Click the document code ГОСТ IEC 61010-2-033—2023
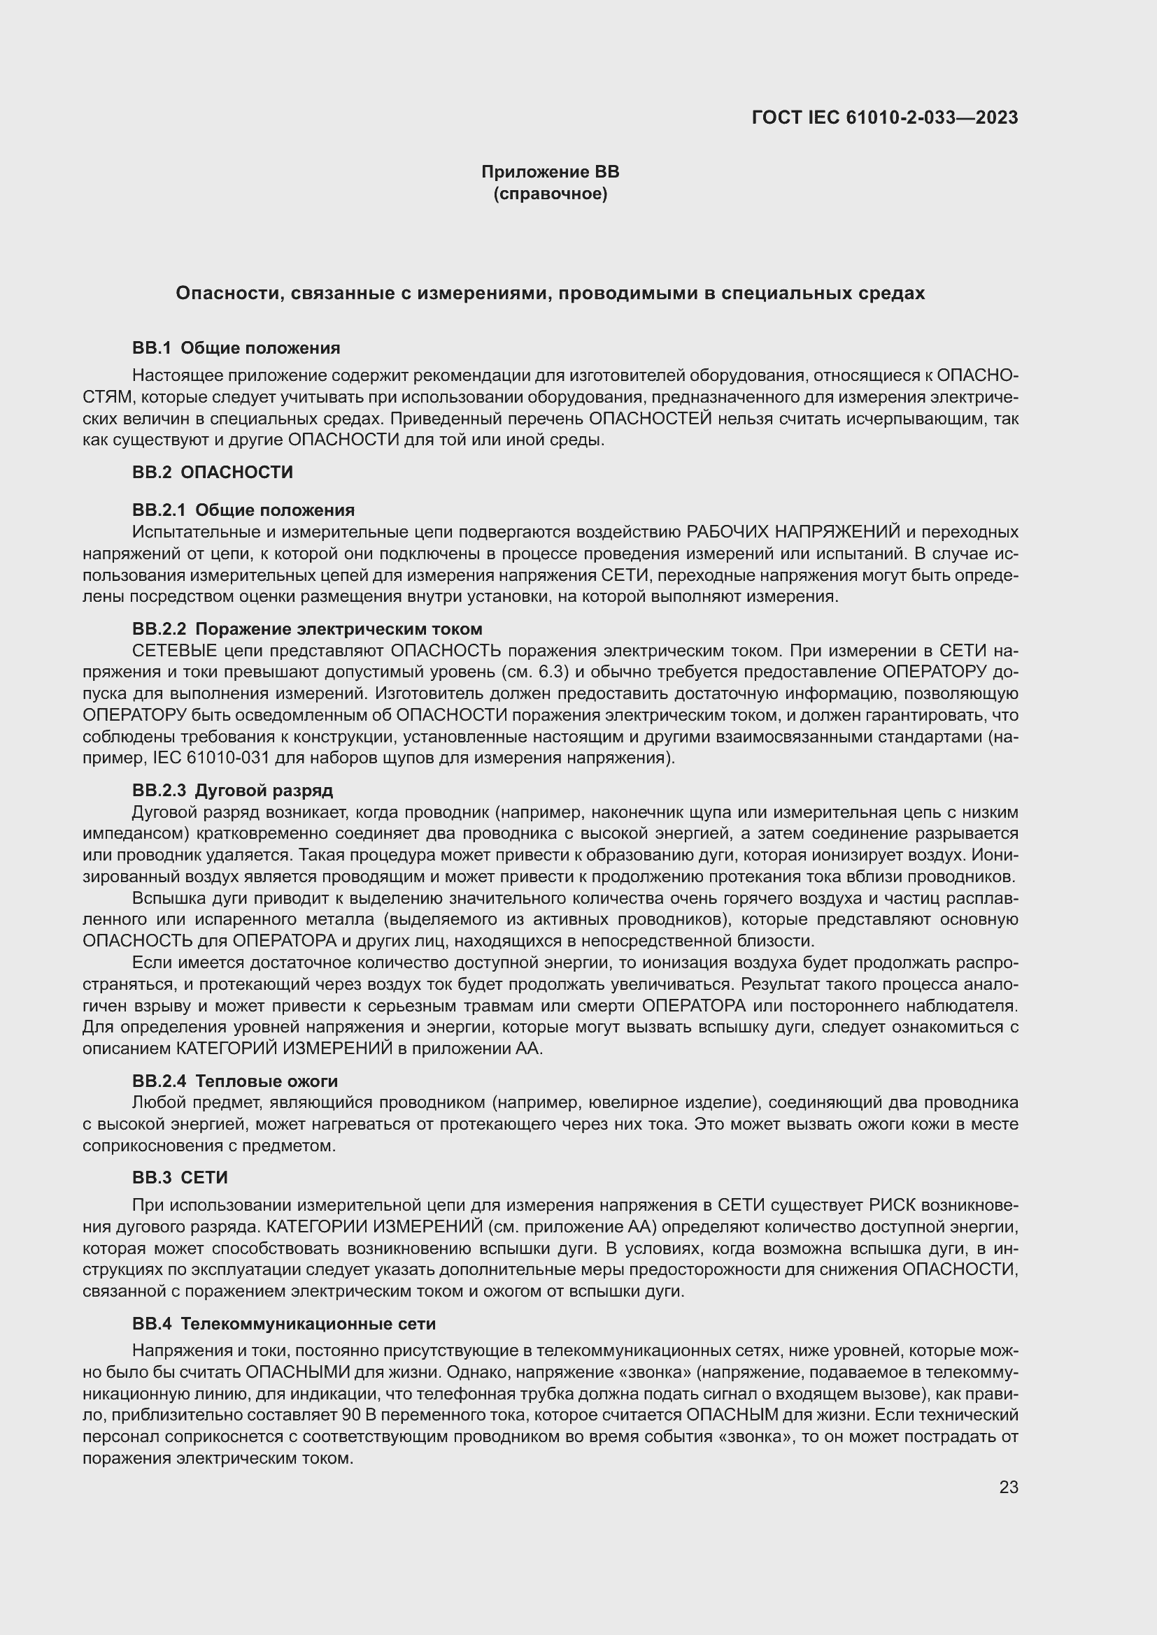[x=885, y=117]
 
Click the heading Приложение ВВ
[x=550, y=172]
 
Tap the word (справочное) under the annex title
[x=550, y=194]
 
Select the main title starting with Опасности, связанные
[x=550, y=294]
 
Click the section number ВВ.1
[x=152, y=348]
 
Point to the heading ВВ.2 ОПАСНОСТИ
[x=213, y=472]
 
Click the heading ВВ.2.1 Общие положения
[x=243, y=510]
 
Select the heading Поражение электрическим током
[x=339, y=629]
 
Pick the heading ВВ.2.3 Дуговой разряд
[x=232, y=791]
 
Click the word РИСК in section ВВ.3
[x=893, y=1205]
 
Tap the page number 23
[x=1008, y=1488]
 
